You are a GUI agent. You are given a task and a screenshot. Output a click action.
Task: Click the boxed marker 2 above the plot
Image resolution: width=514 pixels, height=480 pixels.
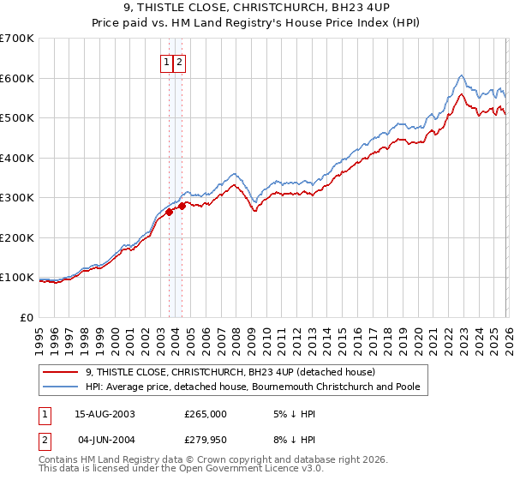point(179,62)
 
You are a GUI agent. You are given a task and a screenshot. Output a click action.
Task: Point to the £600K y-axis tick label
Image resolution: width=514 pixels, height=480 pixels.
point(16,78)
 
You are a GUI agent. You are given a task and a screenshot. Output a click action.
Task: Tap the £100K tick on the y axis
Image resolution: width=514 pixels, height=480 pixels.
point(16,278)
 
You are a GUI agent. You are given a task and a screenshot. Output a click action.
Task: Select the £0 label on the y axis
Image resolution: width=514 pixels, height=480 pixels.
point(25,317)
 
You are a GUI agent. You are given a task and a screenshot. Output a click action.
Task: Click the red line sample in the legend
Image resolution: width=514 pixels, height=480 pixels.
point(60,372)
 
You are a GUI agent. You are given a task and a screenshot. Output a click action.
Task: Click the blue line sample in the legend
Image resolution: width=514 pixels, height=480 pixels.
point(60,387)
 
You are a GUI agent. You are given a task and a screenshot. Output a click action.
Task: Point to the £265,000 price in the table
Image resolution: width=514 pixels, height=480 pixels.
point(206,413)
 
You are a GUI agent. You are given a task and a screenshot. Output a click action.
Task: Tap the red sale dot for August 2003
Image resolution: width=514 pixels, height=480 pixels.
point(170,212)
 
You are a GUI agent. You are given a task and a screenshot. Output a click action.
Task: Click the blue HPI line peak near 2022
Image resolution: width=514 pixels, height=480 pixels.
point(461,75)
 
